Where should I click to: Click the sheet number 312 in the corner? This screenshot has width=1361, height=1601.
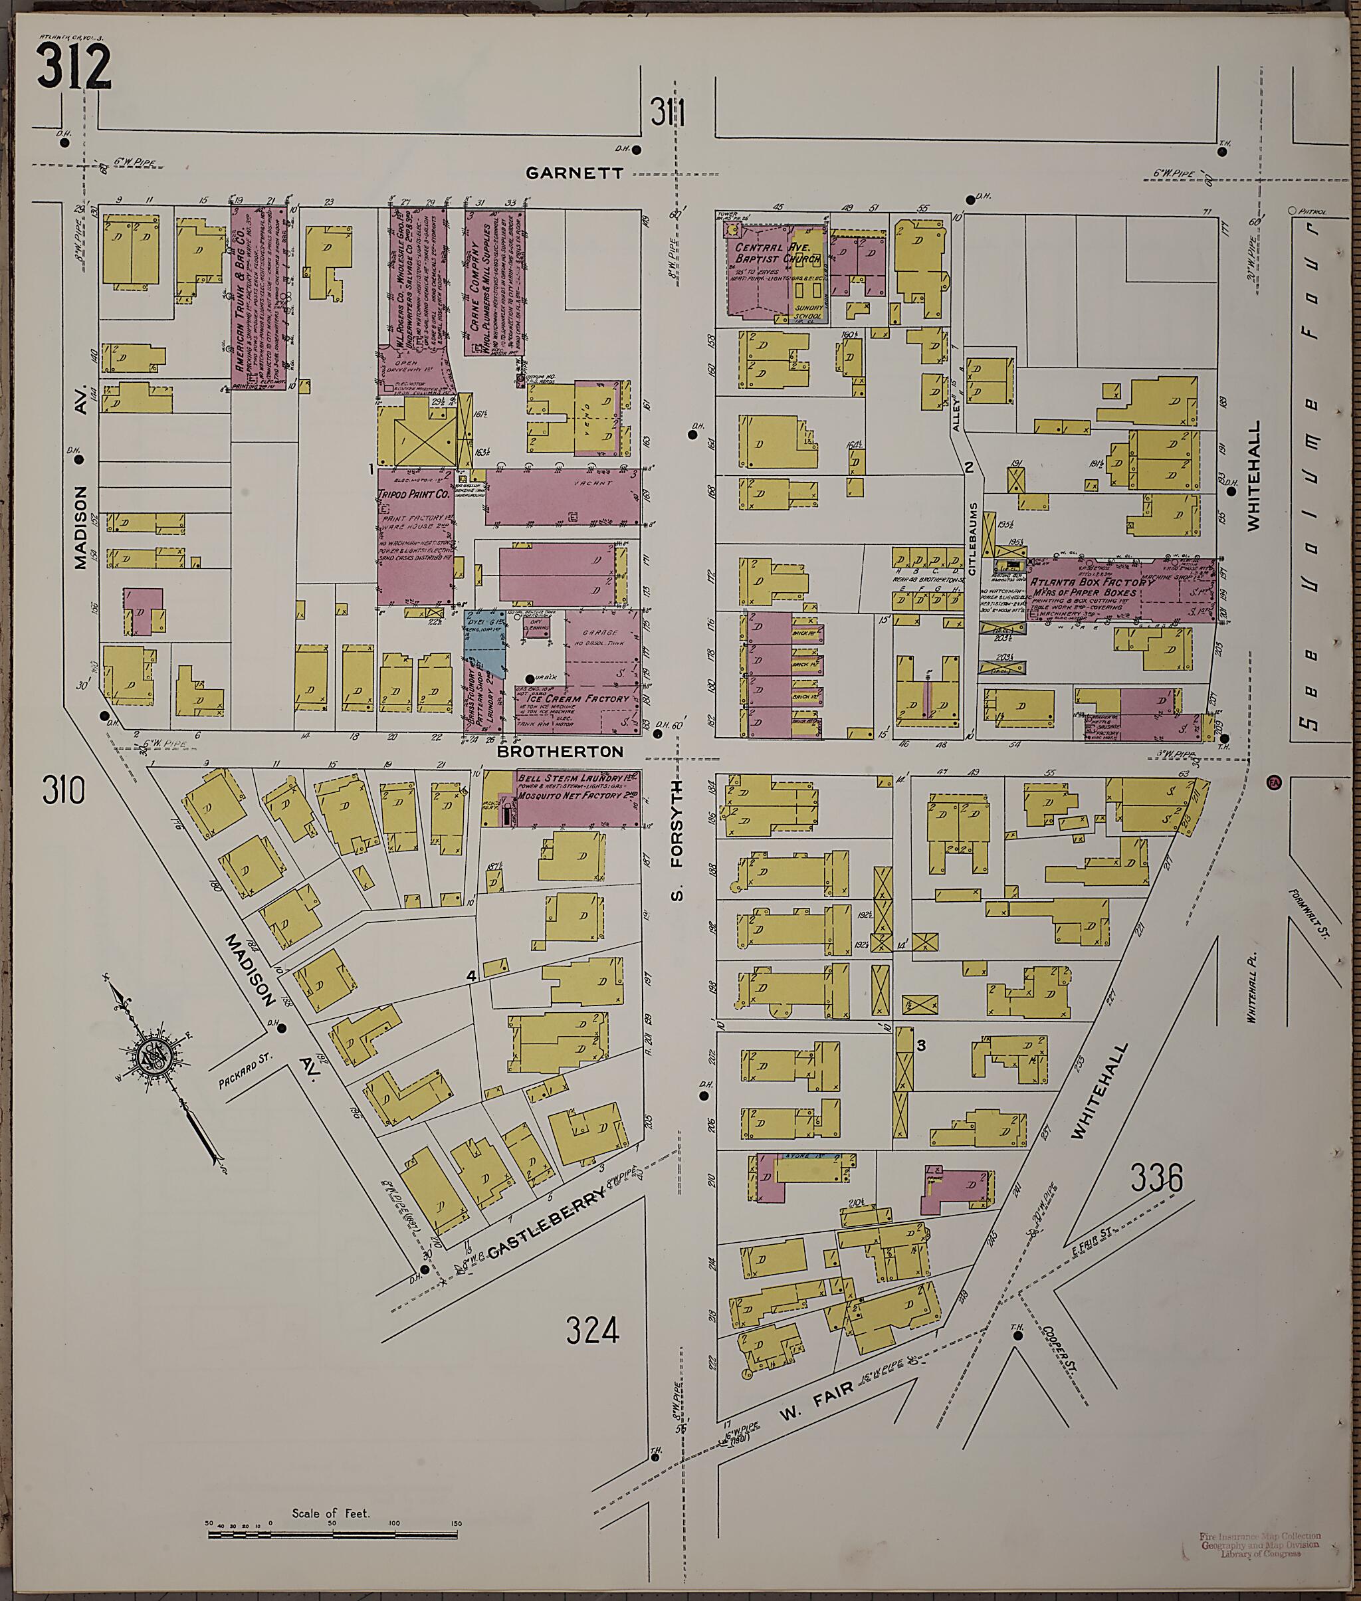tap(73, 67)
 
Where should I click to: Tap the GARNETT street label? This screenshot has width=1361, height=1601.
tap(574, 173)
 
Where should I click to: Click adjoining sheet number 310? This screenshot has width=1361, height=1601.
tap(62, 791)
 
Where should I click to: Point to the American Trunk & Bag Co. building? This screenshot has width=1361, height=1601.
tap(259, 297)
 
